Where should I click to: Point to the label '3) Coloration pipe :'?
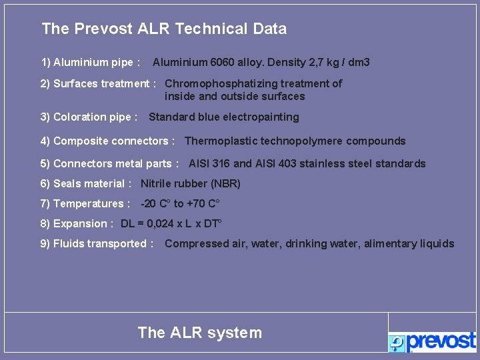89,117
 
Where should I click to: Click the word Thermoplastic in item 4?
217,141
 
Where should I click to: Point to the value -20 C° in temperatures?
155,203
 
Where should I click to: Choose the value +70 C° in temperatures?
203,203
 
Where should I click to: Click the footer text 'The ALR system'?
199,333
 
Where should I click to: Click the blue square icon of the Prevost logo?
397,343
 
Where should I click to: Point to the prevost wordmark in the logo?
441,341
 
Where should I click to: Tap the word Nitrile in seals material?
156,183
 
